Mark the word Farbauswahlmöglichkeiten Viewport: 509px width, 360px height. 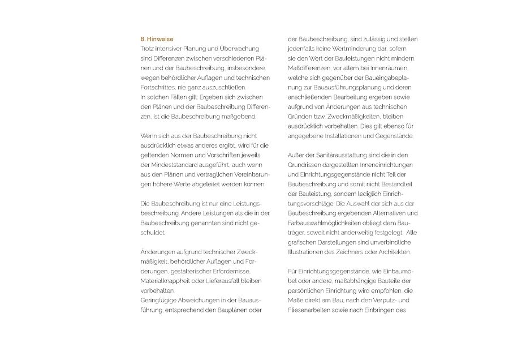click(x=327, y=222)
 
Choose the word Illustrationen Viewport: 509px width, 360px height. click(x=309, y=252)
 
